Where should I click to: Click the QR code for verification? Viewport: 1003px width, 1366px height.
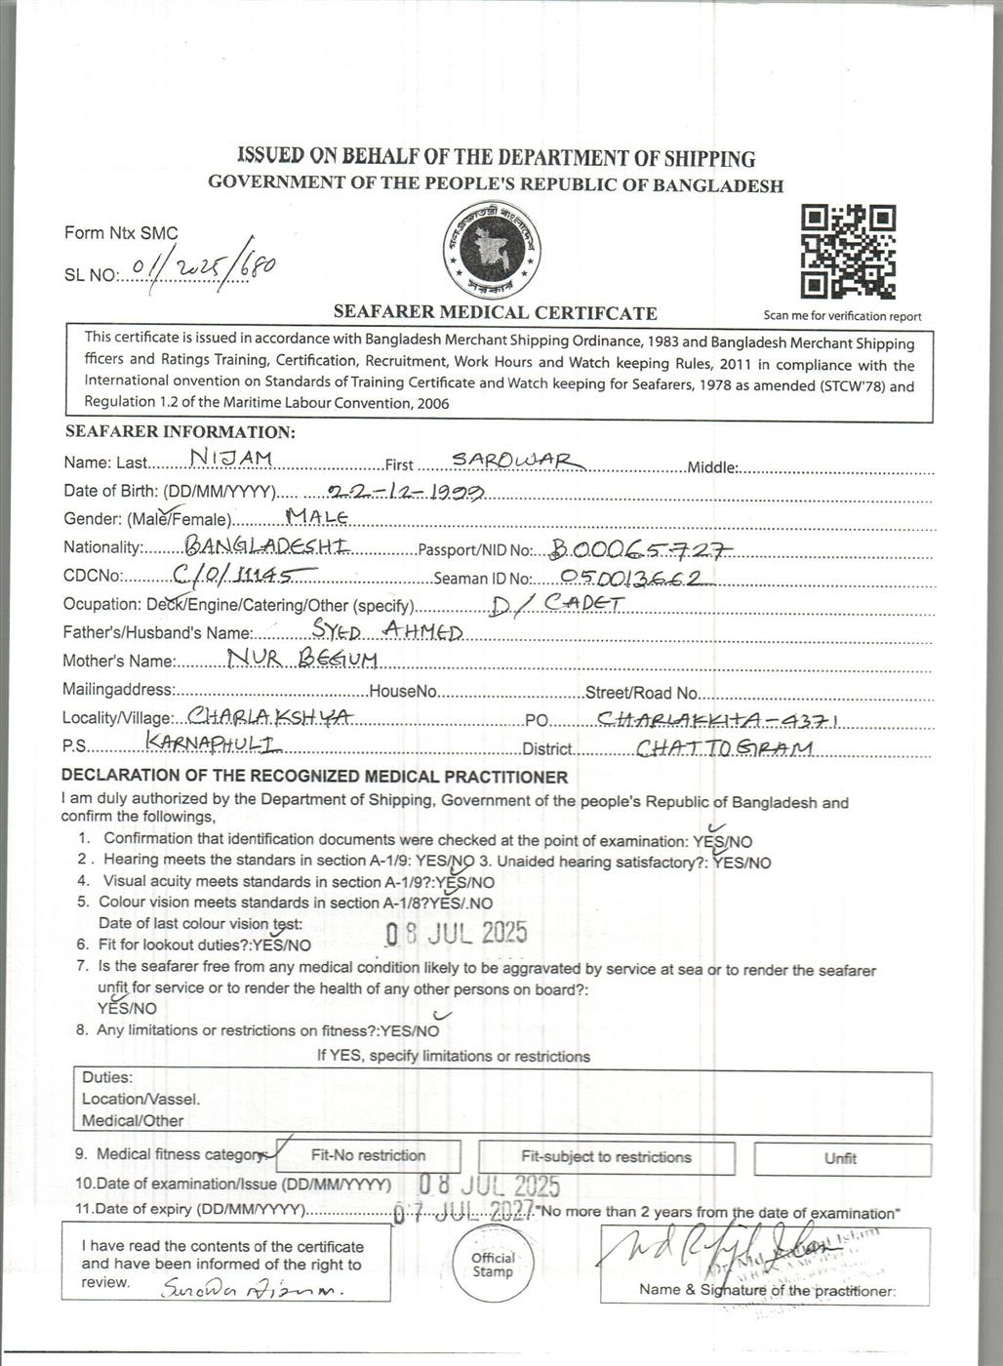(x=848, y=252)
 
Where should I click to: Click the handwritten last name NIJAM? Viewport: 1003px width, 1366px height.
(x=231, y=457)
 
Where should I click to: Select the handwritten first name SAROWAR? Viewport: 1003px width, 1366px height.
(x=516, y=460)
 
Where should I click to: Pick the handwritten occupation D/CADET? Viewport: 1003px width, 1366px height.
(x=557, y=605)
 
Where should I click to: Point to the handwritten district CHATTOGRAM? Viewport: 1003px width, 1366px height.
(x=724, y=748)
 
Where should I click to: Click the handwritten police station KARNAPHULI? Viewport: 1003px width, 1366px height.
(x=213, y=743)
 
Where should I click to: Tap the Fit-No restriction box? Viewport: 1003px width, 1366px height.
(x=368, y=1156)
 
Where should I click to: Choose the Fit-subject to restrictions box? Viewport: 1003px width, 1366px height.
(x=606, y=1157)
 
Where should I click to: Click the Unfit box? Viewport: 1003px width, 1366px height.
(x=840, y=1158)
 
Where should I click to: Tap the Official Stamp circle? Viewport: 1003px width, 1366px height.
(x=493, y=1265)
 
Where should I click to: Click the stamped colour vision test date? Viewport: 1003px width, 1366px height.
(x=456, y=933)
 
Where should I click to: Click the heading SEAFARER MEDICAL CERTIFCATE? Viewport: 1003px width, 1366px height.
(x=495, y=313)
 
